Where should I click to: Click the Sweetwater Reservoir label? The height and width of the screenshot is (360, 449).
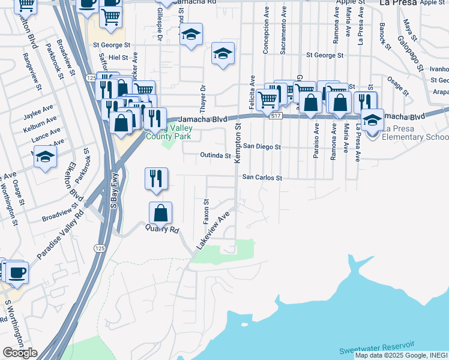[376, 346]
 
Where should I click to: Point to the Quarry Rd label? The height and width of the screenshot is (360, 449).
[163, 229]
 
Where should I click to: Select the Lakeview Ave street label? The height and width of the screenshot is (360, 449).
[213, 232]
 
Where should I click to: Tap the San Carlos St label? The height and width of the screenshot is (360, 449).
[262, 178]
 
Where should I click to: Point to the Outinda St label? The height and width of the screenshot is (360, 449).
[215, 156]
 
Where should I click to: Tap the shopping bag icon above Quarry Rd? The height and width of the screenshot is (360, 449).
[160, 213]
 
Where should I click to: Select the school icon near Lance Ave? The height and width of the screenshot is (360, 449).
[45, 157]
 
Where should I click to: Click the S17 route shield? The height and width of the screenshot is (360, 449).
[276, 116]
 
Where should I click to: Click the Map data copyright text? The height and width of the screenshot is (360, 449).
[401, 355]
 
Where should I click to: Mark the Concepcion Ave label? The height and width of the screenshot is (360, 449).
[265, 30]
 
